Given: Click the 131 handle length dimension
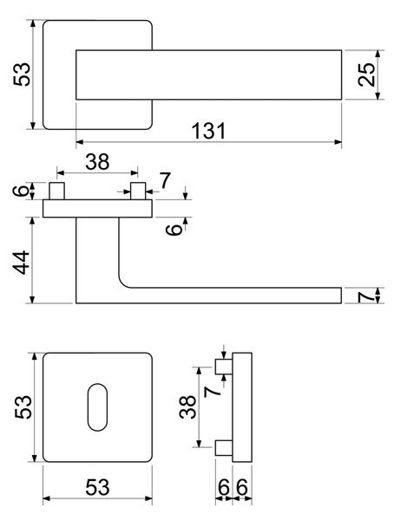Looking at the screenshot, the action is pos(209,131).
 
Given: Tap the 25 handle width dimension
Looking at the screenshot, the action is pos(366,75).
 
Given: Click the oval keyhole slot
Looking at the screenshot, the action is pos(97,407).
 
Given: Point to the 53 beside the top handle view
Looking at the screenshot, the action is pos(22,75).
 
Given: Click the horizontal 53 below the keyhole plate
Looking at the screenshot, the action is pos(97,487).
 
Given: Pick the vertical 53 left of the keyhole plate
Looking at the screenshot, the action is pos(23,407).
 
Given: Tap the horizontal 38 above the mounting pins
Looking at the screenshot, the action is pos(97,162).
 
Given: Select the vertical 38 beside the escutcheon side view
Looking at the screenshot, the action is pos(187,407).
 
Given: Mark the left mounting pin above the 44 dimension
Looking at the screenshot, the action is pos(56,191).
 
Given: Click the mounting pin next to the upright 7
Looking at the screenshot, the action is pos(138,191).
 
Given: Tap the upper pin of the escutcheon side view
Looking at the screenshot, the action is pos(224,367).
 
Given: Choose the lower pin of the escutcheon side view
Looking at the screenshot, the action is pos(224,448).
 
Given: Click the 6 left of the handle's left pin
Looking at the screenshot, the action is pos(21,191).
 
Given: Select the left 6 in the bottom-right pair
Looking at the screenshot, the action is pos(224,488).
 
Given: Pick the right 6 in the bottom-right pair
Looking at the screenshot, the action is pos(242,488).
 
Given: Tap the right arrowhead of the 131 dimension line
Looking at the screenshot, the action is pos(338,142).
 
